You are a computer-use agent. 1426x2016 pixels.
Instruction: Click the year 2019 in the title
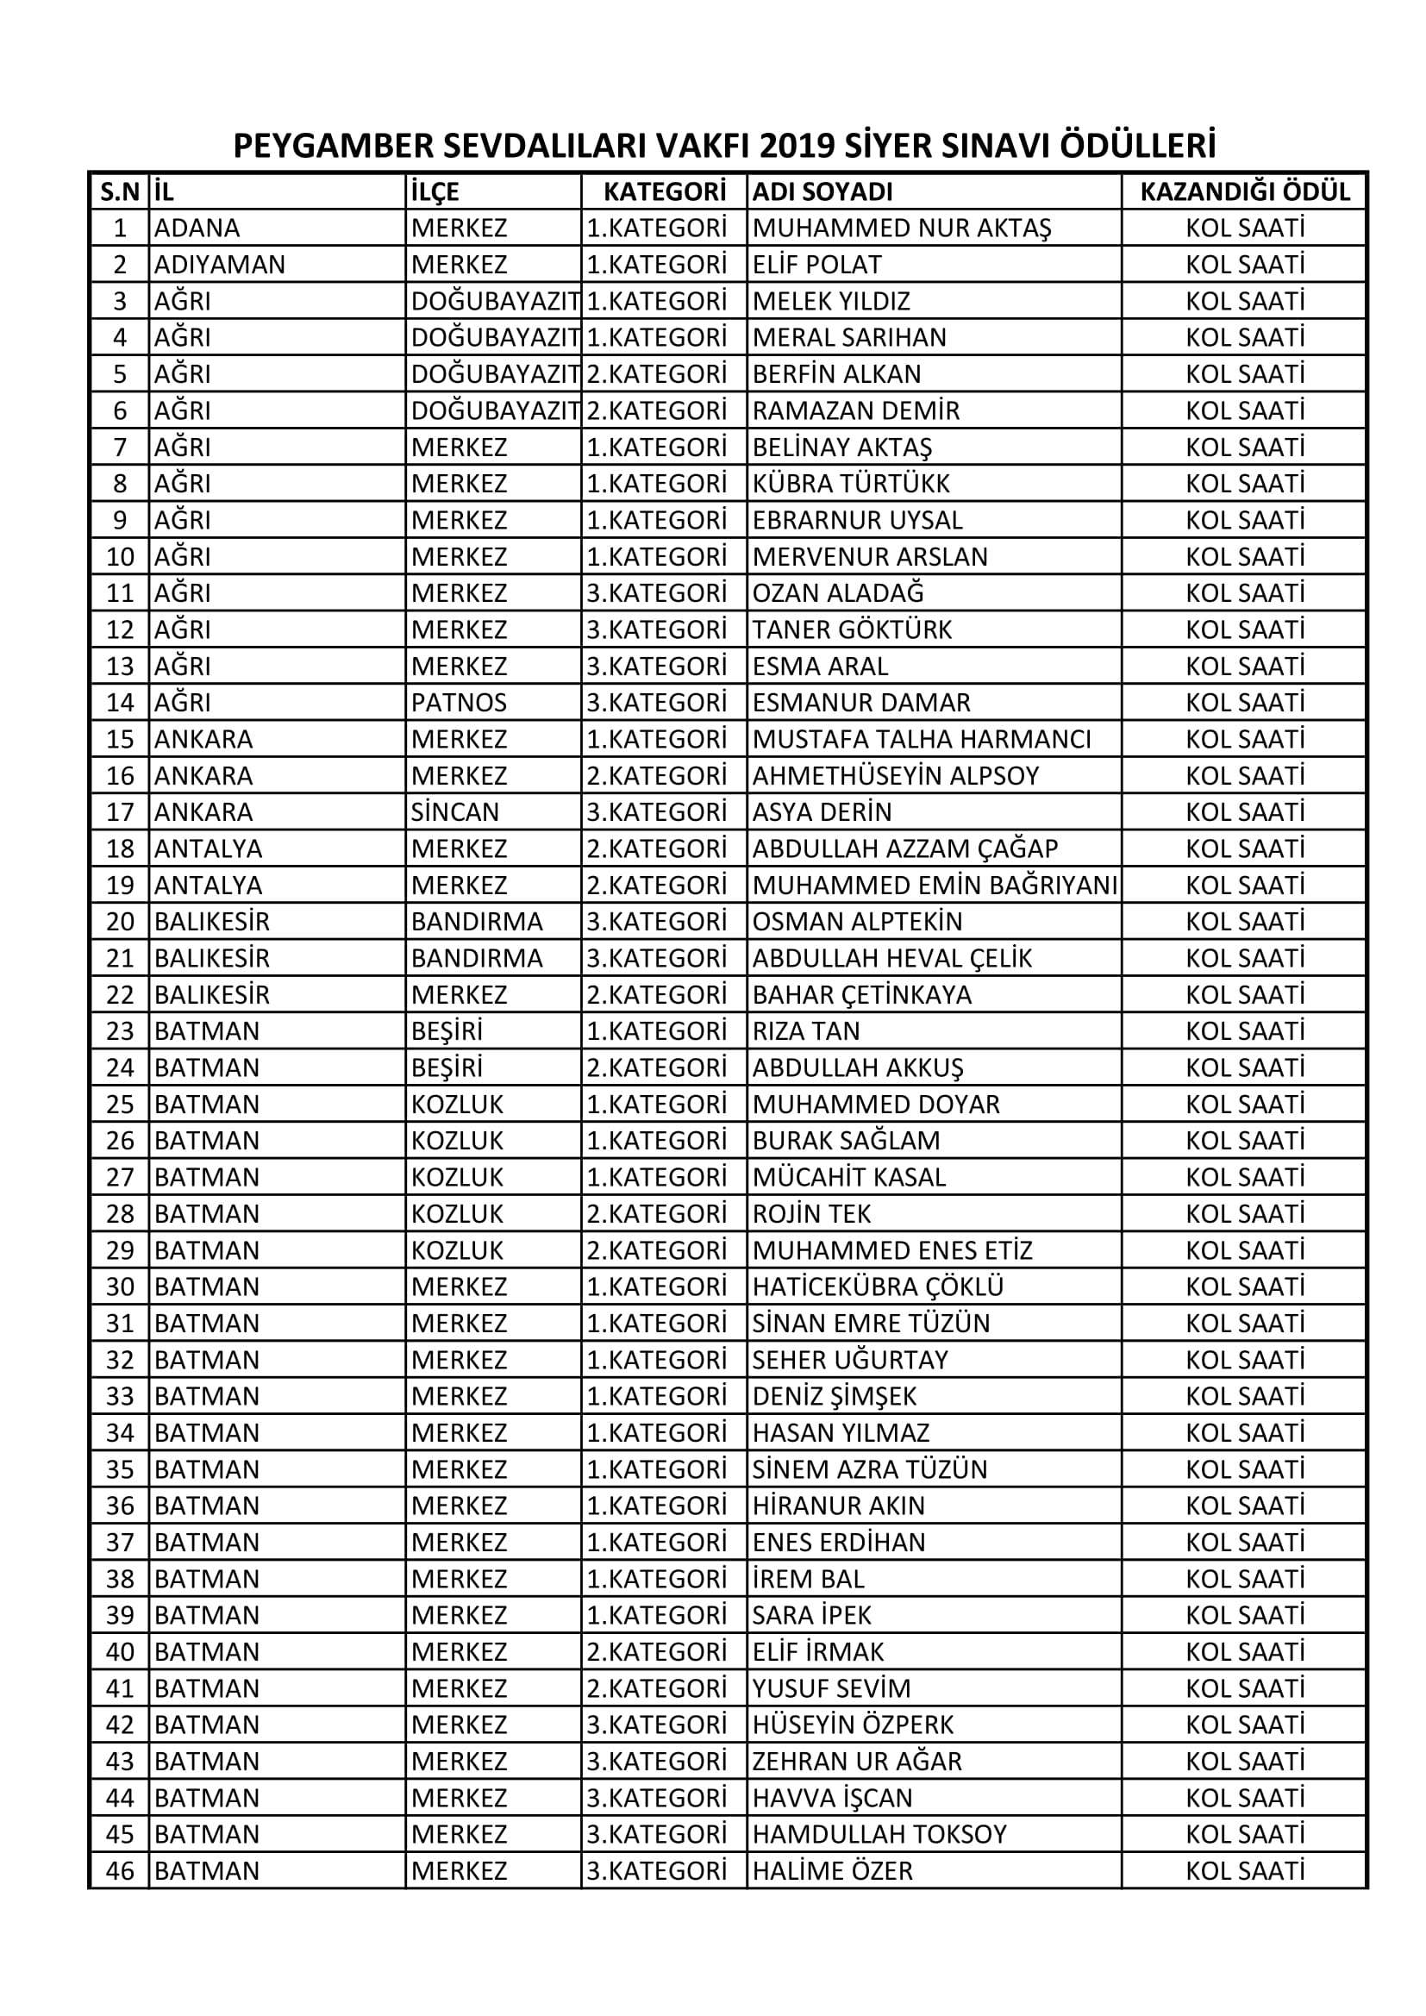(x=797, y=146)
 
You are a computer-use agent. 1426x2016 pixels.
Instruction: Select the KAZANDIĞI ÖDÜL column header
(x=1244, y=191)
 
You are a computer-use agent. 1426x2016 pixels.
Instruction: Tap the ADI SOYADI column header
(x=822, y=191)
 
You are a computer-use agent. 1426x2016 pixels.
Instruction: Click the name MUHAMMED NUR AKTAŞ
(x=901, y=229)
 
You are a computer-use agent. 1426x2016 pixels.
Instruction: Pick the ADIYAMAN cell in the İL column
(x=220, y=265)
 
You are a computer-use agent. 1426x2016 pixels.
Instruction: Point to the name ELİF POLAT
(x=816, y=265)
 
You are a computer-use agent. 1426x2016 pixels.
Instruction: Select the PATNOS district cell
(x=459, y=703)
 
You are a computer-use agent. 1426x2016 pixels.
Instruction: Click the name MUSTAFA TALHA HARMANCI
(x=921, y=739)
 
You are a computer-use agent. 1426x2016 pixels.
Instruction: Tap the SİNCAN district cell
(x=455, y=812)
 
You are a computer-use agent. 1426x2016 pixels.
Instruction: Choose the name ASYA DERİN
(x=822, y=812)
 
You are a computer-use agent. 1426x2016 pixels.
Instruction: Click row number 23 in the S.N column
(x=121, y=1030)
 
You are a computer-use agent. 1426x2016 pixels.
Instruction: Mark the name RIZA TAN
(x=806, y=1030)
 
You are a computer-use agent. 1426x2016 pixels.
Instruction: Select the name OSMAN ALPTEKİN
(x=857, y=922)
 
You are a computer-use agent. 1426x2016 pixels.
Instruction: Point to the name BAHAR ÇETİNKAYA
(x=861, y=995)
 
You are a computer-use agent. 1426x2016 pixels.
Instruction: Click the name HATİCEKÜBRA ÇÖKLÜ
(x=877, y=1287)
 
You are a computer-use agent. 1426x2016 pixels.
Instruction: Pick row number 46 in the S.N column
(x=121, y=1871)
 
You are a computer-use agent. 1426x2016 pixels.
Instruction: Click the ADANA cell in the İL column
(x=197, y=229)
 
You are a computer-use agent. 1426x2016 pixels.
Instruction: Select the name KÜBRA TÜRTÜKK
(x=851, y=484)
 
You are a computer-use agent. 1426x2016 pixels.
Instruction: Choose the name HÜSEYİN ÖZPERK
(x=853, y=1725)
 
